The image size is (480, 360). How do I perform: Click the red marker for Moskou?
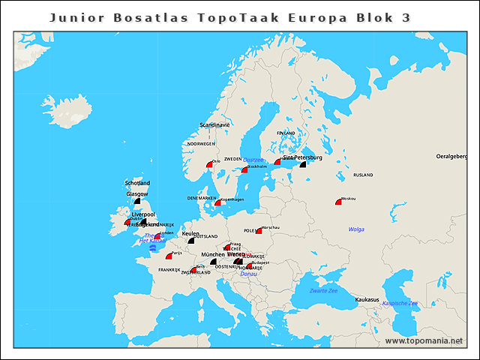339,201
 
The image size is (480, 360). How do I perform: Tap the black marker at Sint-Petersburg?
303,163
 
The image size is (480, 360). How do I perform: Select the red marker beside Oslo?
210,163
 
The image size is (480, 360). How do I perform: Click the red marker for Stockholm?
244,169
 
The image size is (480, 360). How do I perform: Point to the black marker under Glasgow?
137,201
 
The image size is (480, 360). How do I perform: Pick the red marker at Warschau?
259,230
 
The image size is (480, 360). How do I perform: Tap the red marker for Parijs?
169,256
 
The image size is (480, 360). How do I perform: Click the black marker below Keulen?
190,241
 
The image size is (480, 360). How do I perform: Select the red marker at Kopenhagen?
217,202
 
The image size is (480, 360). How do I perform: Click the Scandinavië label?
214,124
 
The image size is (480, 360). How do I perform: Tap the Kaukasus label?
367,299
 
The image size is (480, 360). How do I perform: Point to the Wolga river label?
357,229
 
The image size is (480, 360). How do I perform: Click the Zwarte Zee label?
323,290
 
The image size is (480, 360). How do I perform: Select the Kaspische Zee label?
400,303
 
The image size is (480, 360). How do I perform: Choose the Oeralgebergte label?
457,156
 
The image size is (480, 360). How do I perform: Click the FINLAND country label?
286,133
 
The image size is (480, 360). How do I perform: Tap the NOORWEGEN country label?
201,143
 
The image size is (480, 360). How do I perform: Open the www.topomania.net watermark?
424,340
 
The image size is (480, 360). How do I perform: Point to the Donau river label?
248,274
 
